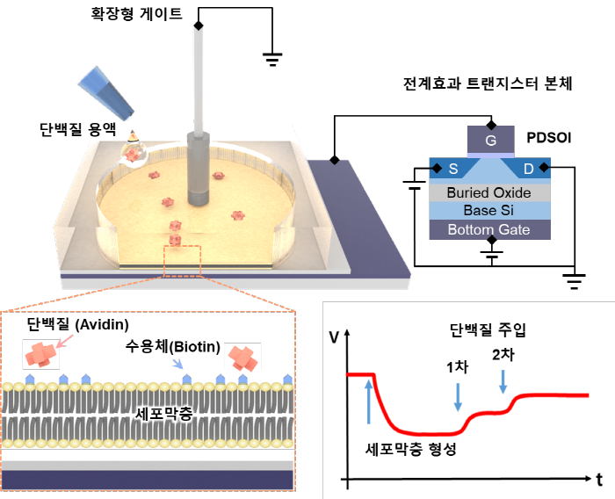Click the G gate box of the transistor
tap(490, 140)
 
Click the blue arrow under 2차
tap(503, 380)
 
